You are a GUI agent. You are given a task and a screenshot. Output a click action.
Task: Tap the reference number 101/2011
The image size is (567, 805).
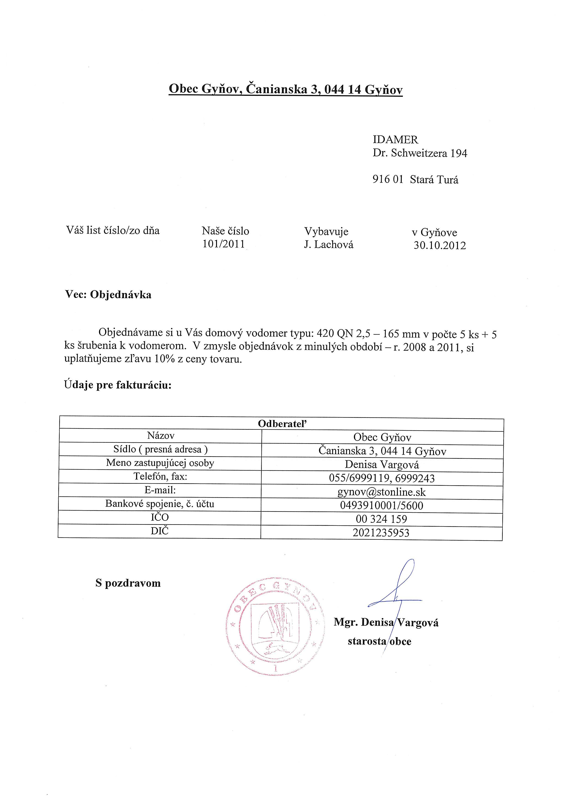224,244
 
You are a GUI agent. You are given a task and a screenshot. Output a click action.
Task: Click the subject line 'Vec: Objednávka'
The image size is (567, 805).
108,295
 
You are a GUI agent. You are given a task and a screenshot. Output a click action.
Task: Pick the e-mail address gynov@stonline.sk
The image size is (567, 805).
381,492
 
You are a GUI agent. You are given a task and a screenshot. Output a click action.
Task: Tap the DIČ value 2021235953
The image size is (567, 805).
381,533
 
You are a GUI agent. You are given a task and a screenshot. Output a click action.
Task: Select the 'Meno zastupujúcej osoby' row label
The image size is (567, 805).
160,463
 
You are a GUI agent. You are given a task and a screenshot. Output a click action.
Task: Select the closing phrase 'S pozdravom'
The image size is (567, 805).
128,583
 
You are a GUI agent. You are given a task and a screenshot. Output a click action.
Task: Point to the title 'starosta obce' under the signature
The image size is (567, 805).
379,642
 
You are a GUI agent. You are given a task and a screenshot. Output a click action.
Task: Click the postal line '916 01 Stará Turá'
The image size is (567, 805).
415,180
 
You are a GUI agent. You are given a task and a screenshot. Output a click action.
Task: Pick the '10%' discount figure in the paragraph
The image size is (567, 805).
165,360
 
